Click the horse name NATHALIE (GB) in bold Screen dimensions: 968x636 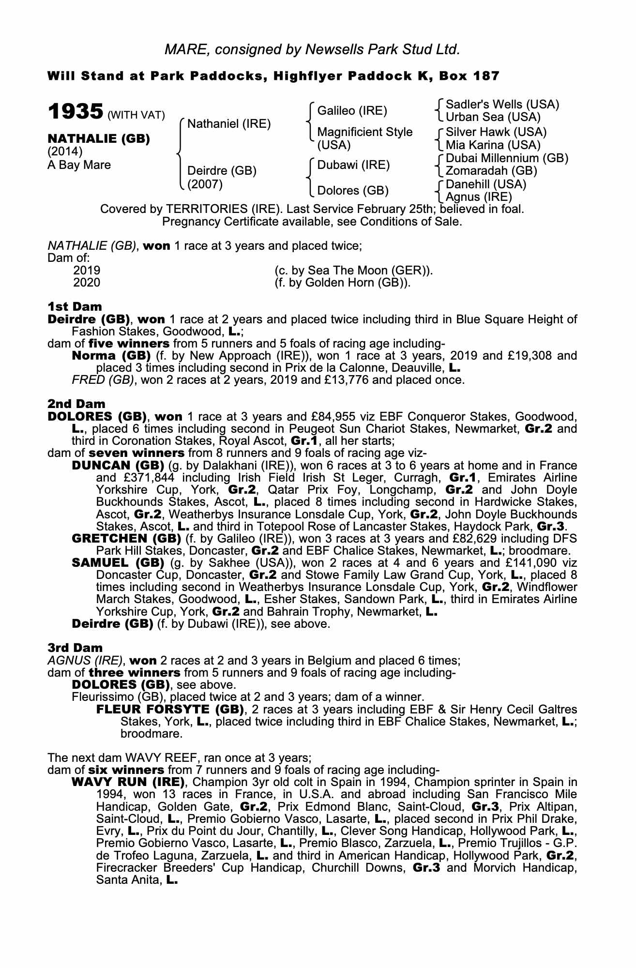point(99,138)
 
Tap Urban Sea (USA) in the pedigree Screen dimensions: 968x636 point(493,117)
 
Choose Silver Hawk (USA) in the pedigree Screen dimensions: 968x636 point(496,132)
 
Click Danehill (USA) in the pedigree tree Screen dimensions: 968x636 point(485,184)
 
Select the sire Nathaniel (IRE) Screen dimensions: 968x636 point(228,124)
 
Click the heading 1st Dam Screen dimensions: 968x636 point(75,306)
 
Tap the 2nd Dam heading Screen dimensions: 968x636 point(76,404)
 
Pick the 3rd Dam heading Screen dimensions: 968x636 point(75,648)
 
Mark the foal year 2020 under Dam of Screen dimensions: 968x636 point(87,282)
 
